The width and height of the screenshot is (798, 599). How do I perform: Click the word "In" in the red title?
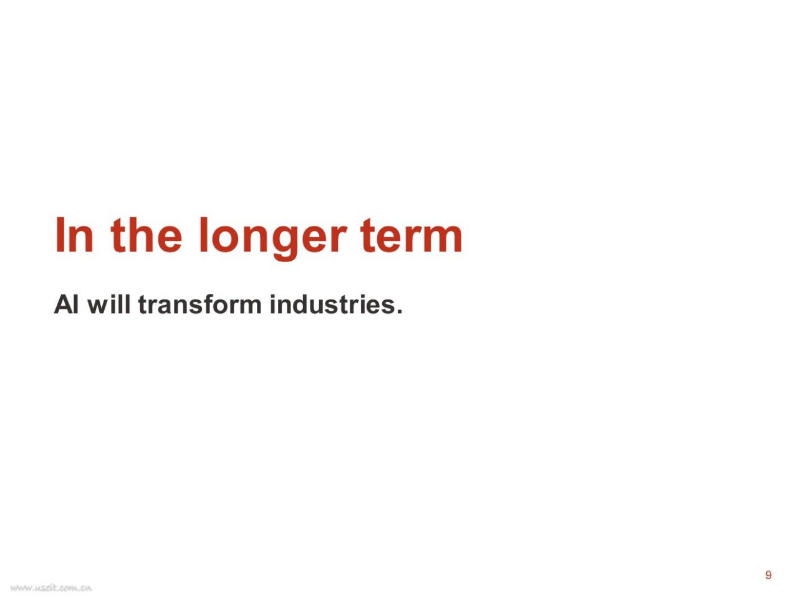74,235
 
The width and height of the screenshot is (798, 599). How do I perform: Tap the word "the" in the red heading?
146,235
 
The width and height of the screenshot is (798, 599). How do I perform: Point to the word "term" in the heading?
412,235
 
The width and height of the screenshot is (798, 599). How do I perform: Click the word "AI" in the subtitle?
66,304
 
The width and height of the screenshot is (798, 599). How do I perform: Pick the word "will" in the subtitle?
108,304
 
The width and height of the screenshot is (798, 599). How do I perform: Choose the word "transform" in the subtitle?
200,304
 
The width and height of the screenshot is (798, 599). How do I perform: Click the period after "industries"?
399,311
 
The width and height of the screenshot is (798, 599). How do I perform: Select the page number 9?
768,575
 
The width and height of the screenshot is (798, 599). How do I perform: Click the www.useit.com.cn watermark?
51,588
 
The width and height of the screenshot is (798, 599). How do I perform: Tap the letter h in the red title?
140,235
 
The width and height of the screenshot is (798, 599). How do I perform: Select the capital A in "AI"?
64,304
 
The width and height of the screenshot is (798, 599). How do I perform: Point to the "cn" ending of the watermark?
87,588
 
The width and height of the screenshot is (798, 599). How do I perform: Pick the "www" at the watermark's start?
21,588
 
